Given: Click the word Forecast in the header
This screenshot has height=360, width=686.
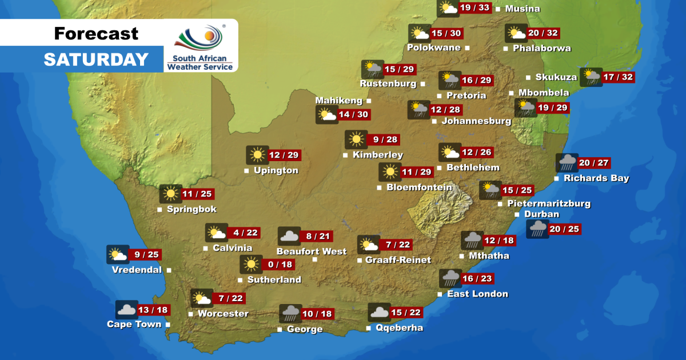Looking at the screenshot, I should [x=96, y=34].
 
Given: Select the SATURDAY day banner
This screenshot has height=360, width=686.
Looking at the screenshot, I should [x=96, y=59].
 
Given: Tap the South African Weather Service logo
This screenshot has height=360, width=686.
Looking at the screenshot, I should [x=200, y=46].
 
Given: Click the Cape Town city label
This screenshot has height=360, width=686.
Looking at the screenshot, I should [x=134, y=324].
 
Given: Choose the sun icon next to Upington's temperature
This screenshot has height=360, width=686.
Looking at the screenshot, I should [x=257, y=155].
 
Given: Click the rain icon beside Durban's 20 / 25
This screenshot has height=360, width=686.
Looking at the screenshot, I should [x=537, y=229].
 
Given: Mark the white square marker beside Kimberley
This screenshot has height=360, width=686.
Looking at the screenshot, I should [x=345, y=155].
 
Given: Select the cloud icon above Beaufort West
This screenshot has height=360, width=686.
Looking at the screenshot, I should [x=289, y=236].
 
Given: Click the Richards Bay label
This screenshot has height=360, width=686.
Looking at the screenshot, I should [x=596, y=178].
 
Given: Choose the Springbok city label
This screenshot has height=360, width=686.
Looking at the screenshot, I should [x=192, y=209].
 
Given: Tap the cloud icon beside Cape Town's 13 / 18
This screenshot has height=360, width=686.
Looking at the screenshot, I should [x=126, y=310].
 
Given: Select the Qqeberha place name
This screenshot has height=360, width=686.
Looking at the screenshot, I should [x=398, y=327].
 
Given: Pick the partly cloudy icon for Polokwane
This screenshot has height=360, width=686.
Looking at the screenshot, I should [x=419, y=33].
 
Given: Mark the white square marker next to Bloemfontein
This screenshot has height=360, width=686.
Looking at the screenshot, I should [x=379, y=187].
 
